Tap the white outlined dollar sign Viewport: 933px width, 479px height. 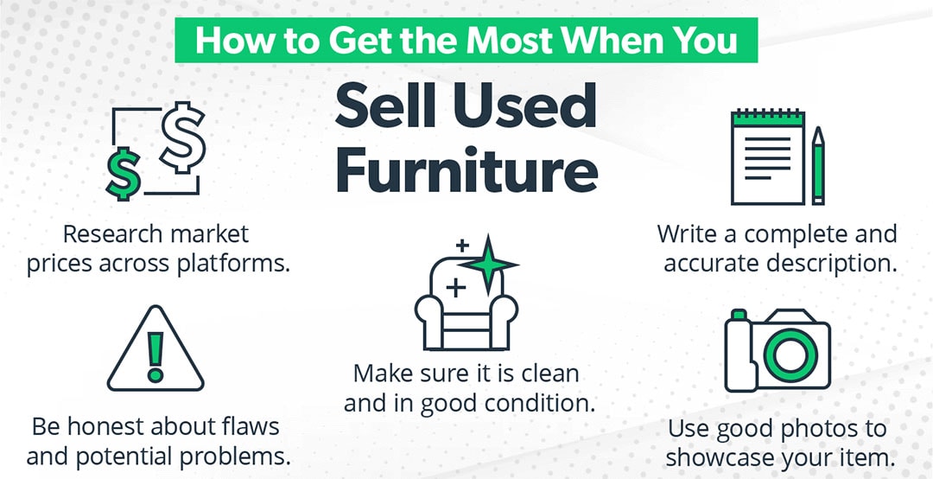click(183, 135)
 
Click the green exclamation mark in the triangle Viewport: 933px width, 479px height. click(155, 355)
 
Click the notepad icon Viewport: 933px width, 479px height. click(765, 156)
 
